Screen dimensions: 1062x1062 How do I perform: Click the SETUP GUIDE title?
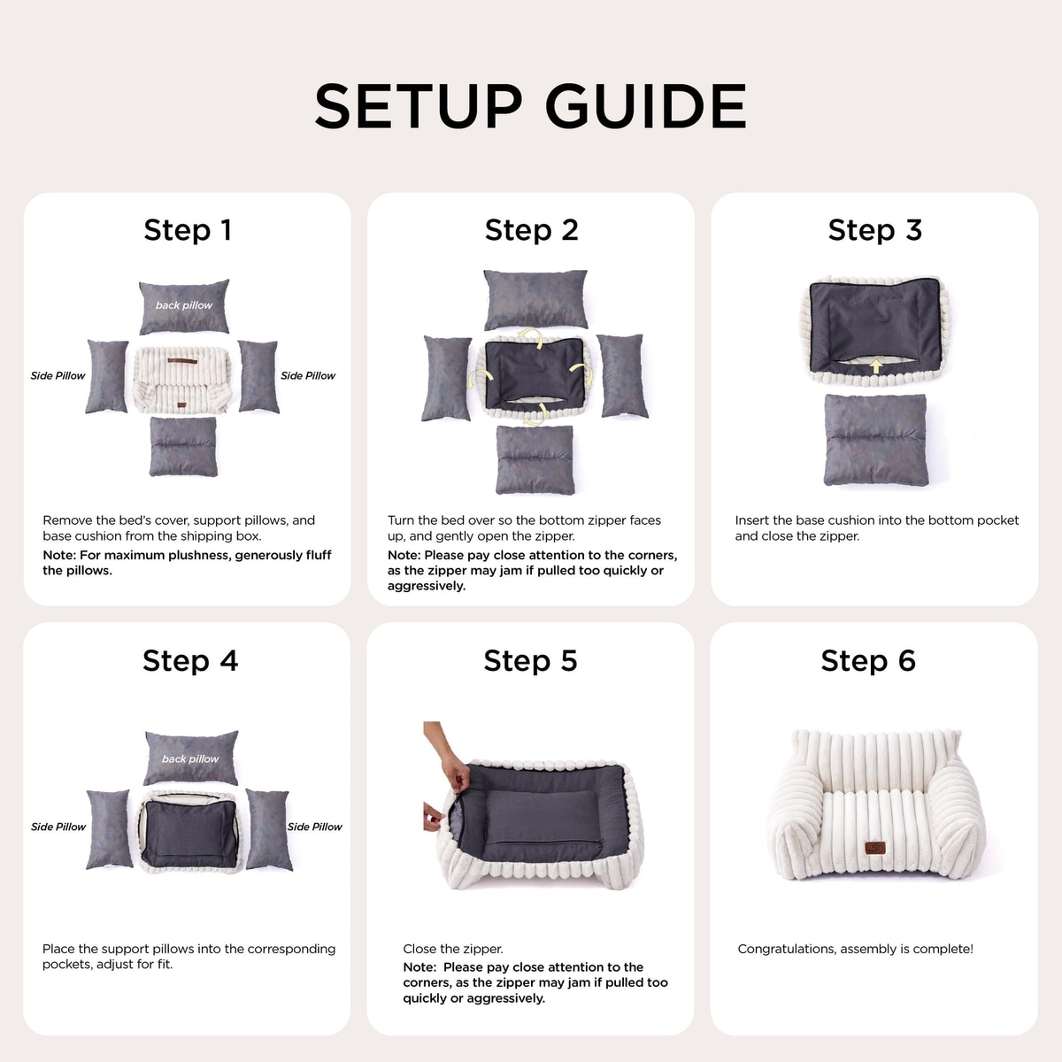pos(530,106)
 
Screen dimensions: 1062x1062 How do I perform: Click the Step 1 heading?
pos(188,230)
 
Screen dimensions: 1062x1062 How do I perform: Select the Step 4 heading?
pos(190,660)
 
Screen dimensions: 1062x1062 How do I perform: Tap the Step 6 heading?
pos(868,660)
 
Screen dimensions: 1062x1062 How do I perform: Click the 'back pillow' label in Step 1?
pos(183,304)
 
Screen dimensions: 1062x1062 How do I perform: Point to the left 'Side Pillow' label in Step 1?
pos(58,375)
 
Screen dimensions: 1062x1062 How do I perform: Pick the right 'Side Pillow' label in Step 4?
pos(315,827)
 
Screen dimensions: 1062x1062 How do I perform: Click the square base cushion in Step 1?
pos(183,446)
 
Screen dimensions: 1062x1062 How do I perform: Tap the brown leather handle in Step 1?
pos(182,362)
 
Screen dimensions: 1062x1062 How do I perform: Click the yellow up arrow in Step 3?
pos(876,366)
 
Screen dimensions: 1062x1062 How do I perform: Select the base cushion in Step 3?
pos(876,440)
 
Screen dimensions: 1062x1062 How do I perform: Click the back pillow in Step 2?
pos(535,299)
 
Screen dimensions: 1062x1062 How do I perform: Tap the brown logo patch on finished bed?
pos(874,848)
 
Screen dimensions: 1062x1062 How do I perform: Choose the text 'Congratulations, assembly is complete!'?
pos(855,949)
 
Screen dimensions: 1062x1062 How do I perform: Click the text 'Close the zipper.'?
pos(453,949)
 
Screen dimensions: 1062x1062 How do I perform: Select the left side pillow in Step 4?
pos(109,829)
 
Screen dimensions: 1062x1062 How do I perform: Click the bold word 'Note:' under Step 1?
pos(59,555)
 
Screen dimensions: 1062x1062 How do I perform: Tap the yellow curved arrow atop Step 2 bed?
pos(532,336)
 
